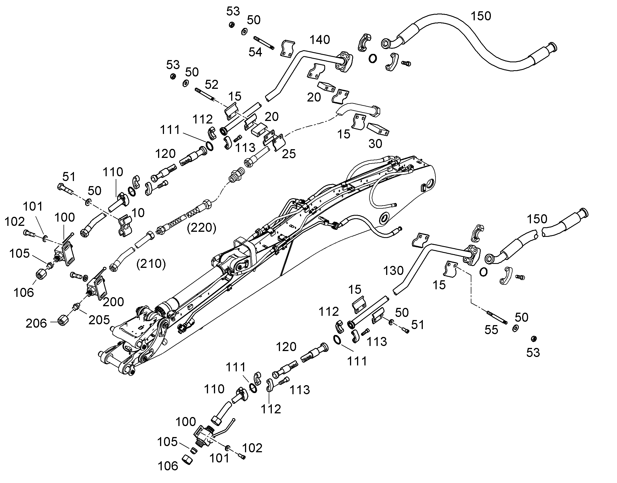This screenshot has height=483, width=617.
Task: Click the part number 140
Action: click(320, 40)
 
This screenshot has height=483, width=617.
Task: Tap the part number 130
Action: click(393, 271)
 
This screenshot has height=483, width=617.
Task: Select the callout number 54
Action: click(255, 52)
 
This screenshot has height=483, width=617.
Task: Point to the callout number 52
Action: click(211, 85)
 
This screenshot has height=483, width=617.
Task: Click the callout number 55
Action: click(491, 330)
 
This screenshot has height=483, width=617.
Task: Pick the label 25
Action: click(289, 154)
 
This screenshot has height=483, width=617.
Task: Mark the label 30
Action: click(375, 144)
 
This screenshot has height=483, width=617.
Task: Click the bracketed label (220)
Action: click(202, 227)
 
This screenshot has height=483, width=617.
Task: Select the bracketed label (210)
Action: click(151, 264)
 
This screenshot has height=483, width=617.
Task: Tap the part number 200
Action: click(113, 302)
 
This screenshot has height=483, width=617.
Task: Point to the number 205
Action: click(99, 320)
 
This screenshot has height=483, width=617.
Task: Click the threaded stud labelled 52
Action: click(205, 95)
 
